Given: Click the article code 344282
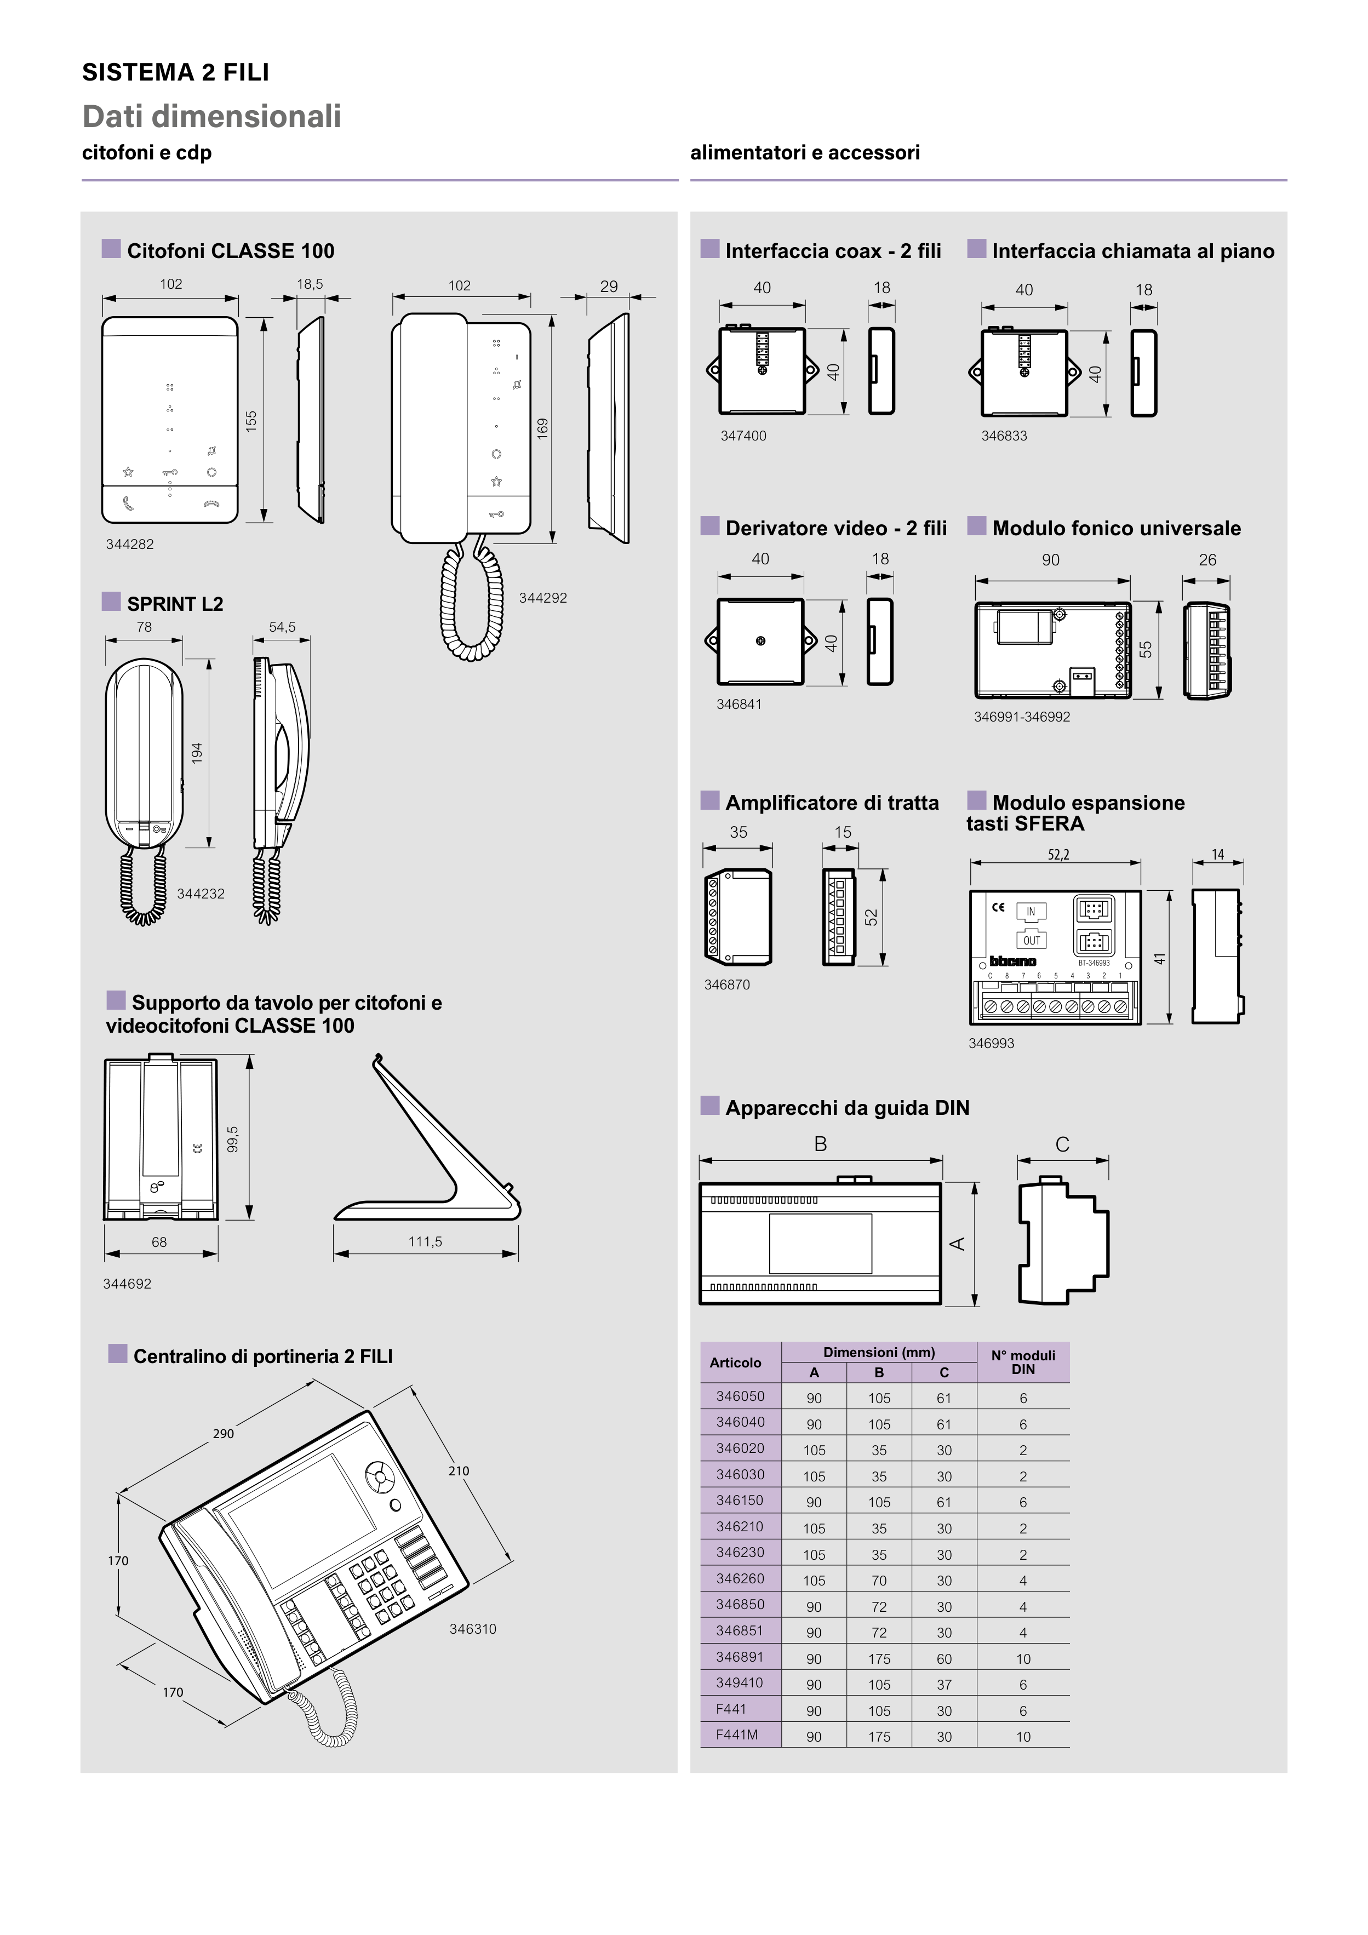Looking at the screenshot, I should (130, 545).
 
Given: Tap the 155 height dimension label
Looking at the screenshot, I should (251, 421).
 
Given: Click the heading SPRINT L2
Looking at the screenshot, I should (174, 604).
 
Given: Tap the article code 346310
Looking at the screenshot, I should (472, 1629).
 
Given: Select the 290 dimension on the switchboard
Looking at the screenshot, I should (224, 1434).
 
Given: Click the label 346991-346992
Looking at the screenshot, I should (1022, 717).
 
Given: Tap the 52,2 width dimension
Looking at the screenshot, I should (1058, 855).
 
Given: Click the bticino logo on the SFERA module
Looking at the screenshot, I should (1012, 961).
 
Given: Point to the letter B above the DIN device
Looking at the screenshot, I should (820, 1144).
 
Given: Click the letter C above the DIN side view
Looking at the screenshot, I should (1062, 1144).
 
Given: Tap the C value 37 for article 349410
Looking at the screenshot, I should (944, 1685).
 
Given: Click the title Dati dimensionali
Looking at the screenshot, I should (211, 116).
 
